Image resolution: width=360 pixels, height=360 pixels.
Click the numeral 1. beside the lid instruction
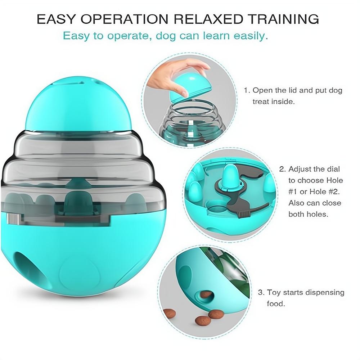point(247,90)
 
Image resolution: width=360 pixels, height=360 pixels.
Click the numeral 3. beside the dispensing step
point(261,292)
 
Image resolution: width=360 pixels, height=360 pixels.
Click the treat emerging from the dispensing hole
point(206,294)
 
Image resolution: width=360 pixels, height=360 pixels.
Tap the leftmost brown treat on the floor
point(169,313)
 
